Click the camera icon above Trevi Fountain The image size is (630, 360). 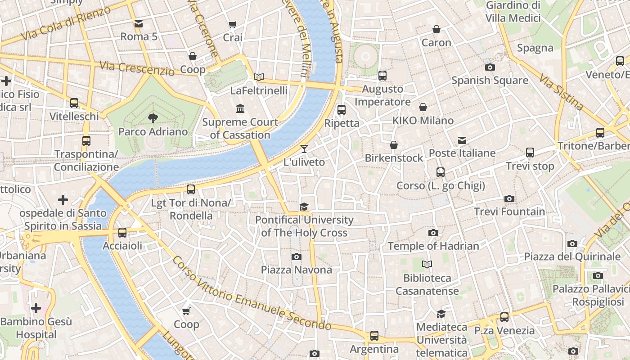click(x=509, y=198)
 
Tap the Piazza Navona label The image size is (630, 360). click(x=297, y=270)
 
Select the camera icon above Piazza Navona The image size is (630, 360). click(x=296, y=256)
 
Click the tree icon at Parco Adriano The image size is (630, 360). click(x=153, y=118)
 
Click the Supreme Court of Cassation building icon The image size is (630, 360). click(x=240, y=108)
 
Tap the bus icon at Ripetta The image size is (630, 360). click(x=342, y=109)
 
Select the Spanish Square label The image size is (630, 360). click(x=490, y=80)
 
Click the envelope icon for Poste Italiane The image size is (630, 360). click(x=462, y=140)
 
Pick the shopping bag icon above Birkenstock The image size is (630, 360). click(x=394, y=145)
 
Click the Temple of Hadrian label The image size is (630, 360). click(x=433, y=246)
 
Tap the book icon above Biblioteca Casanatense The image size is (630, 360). click(x=427, y=265)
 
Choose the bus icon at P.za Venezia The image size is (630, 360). click(x=504, y=317)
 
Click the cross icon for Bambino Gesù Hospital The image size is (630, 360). click(x=36, y=308)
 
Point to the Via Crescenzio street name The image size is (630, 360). click(x=137, y=68)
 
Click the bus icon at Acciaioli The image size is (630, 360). click(x=122, y=233)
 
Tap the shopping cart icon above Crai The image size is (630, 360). click(x=232, y=24)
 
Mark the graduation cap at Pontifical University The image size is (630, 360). click(x=304, y=207)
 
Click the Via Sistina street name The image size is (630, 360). click(x=561, y=93)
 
